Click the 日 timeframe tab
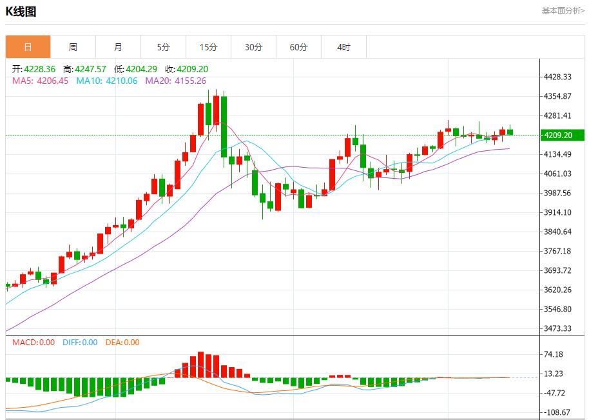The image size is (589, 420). pos(28,47)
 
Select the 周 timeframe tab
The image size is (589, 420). pos(73,47)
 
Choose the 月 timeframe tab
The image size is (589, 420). pos(118,47)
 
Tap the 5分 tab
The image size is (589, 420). pos(163,47)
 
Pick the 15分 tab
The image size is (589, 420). pos(208,47)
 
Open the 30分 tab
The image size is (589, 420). pos(253,47)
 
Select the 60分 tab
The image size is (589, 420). pos(298,47)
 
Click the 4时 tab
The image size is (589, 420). pos(343,47)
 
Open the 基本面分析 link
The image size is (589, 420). pos(563,10)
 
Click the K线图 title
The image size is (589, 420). pos(21,12)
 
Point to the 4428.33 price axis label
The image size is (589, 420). pos(558,77)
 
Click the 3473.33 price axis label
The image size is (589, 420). pos(558,328)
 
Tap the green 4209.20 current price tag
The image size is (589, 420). pos(563,135)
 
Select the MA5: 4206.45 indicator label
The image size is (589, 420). pos(40,81)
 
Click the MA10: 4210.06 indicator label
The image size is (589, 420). pos(106,81)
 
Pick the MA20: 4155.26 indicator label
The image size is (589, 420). pos(175,81)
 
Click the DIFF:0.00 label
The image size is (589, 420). pos(80,343)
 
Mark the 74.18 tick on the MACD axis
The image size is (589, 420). pos(554,354)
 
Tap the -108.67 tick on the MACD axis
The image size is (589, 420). pos(555,412)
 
